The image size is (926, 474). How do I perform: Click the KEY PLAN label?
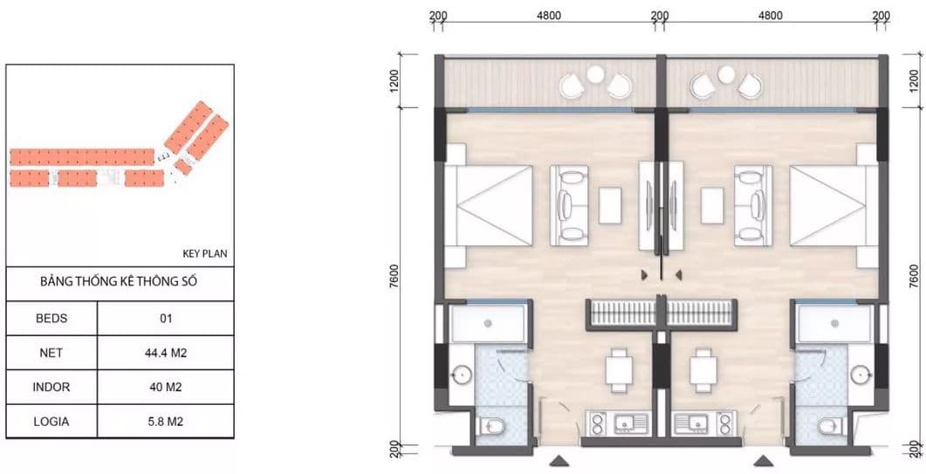coord(204,254)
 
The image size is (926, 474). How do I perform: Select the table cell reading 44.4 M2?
coord(165,353)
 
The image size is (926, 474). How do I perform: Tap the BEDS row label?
coord(51,319)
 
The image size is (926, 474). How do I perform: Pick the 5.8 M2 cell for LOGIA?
coord(165,422)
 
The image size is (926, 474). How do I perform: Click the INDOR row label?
coord(51,387)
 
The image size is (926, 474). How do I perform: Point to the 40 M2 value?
coord(165,387)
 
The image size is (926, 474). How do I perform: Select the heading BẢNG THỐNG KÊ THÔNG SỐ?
coord(119,281)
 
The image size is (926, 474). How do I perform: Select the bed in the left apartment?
coord(489,206)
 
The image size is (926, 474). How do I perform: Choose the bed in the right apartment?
coord(833,206)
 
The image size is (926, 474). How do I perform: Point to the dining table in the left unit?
coord(619,370)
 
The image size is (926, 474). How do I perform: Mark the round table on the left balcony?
coord(595,74)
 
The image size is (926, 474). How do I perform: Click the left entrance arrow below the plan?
coord(559,460)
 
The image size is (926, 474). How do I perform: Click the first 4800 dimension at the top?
coord(549,16)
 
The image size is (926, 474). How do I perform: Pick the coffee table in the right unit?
coord(712,206)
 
